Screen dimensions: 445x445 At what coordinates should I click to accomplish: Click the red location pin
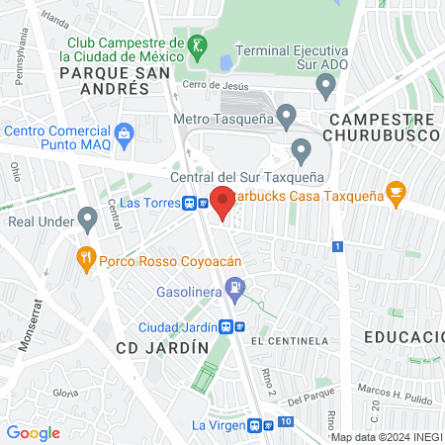222,201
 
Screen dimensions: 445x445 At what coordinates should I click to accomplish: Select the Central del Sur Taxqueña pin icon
302,151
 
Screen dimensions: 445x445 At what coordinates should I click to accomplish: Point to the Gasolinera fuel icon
235,290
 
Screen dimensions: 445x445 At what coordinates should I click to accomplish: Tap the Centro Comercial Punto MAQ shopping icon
124,132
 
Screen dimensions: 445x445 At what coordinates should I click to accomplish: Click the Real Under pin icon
87,220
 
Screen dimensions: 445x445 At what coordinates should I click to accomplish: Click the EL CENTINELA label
289,340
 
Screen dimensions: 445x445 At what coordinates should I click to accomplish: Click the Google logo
33,432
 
